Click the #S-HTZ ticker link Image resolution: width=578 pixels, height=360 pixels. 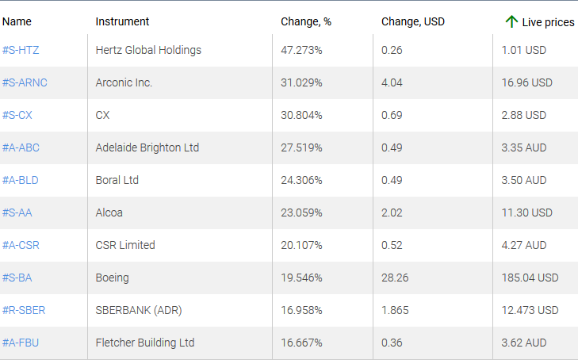click(21, 50)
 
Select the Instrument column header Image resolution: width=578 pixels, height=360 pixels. click(122, 21)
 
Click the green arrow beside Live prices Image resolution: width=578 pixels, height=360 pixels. click(511, 21)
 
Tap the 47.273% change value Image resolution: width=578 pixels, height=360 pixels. click(301, 50)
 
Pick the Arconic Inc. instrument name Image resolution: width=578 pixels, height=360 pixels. click(124, 82)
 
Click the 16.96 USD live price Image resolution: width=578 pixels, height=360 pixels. click(526, 82)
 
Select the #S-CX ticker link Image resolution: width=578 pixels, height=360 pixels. click(17, 115)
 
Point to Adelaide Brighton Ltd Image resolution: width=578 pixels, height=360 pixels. click(147, 147)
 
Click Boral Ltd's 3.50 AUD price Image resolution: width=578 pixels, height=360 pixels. click(523, 180)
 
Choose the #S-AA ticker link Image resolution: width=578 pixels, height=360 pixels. click(17, 213)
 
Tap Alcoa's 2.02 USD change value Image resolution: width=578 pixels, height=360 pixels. click(392, 213)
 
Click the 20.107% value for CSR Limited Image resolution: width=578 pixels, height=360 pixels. click(301, 245)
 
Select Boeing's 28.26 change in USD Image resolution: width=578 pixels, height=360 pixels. click(395, 278)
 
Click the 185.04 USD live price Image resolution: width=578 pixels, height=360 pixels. click(530, 278)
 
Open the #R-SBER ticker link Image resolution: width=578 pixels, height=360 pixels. click(23, 310)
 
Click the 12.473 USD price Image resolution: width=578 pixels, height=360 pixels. click(530, 310)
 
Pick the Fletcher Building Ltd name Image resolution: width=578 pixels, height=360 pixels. click(144, 343)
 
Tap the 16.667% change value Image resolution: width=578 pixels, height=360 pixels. click(301, 343)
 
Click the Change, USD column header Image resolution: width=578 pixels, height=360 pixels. click(413, 21)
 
